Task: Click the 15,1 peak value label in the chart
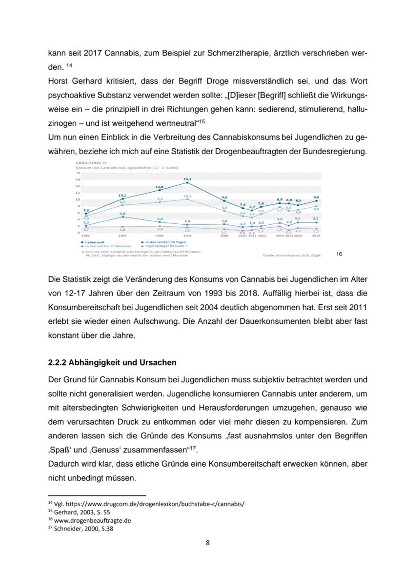187,179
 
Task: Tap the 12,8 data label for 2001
160,187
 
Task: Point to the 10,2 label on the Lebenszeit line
122,195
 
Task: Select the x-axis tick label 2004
187,235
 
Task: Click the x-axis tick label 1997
122,235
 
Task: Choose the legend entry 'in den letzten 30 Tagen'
162,241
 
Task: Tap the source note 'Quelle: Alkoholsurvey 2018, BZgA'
290,255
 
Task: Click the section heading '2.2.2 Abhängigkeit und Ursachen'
112,363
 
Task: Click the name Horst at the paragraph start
59,80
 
